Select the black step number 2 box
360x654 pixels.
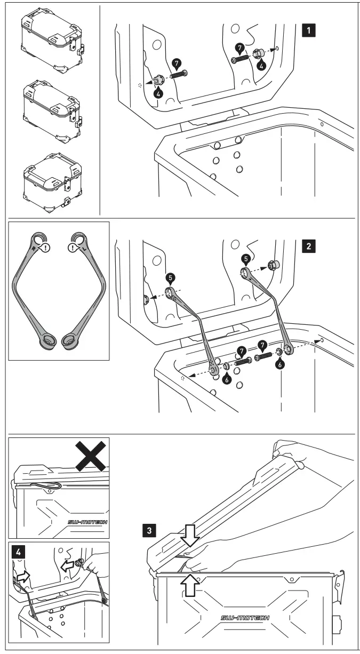pyautogui.click(x=308, y=246)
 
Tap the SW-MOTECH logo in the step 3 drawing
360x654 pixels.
pyautogui.click(x=245, y=618)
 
